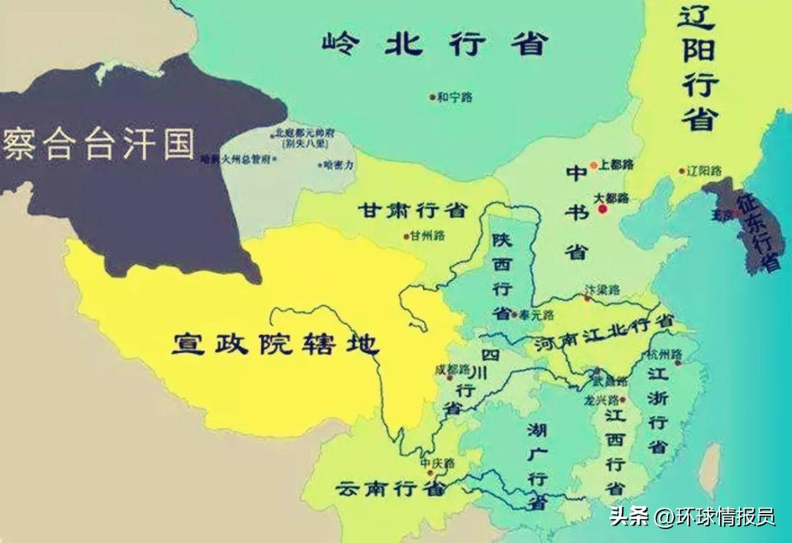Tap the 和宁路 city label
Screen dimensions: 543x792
point(455,97)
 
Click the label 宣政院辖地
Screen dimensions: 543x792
point(275,343)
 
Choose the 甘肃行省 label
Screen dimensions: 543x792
point(411,211)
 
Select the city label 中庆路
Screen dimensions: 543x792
point(437,464)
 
